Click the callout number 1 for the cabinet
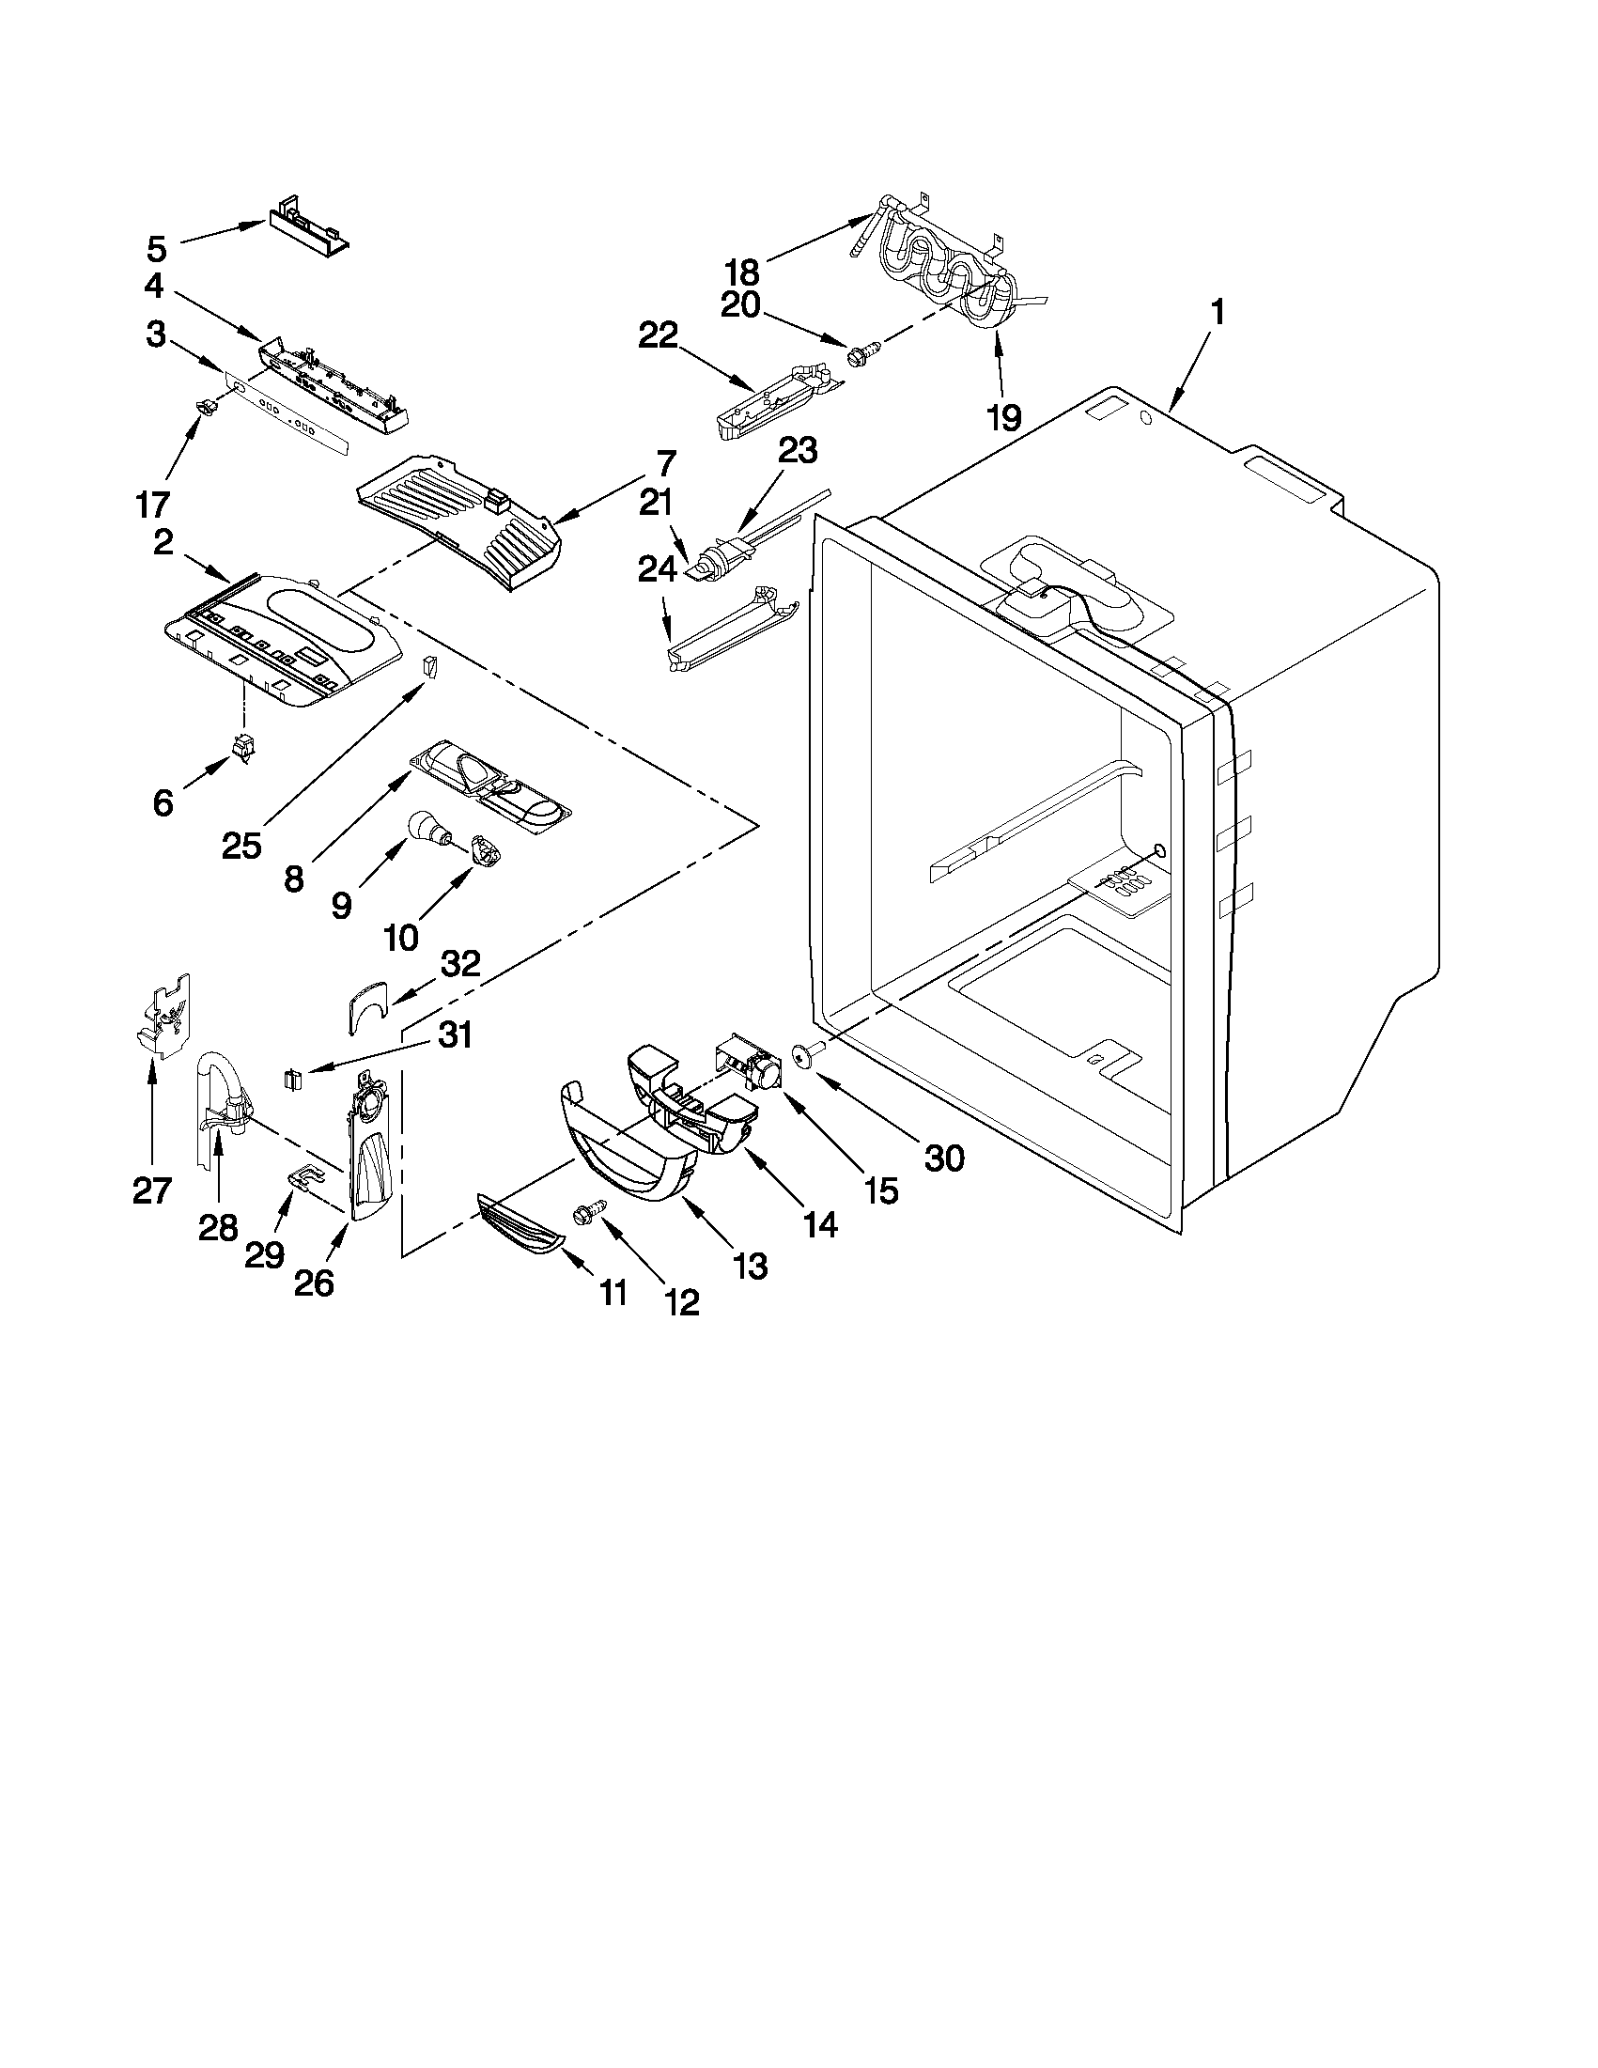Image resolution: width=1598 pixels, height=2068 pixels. point(1218,314)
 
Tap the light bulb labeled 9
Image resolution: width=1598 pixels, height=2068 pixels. point(426,829)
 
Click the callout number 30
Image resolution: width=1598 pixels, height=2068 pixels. point(943,1157)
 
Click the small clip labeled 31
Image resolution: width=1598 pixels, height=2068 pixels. point(292,1078)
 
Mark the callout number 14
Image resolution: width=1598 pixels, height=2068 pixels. point(819,1225)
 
